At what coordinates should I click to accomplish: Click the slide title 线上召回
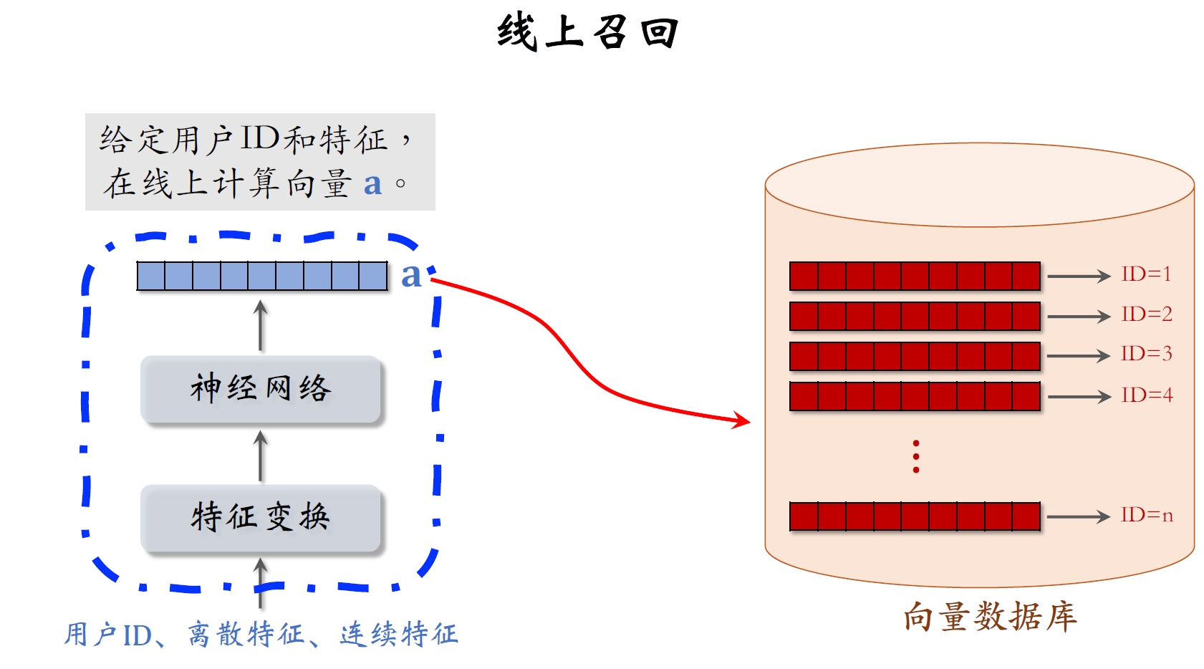(x=587, y=33)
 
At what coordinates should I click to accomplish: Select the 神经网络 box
(x=261, y=389)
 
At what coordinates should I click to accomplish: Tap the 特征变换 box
(x=261, y=517)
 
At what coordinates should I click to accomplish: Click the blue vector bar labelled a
(x=262, y=276)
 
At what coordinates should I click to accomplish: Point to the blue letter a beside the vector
(x=411, y=276)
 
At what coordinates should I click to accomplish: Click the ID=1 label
(x=1146, y=274)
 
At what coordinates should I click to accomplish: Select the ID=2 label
(x=1146, y=314)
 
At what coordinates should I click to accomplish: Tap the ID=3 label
(x=1146, y=354)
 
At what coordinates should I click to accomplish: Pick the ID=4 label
(x=1146, y=395)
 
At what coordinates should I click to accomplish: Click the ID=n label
(x=1146, y=516)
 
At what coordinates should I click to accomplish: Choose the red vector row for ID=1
(x=915, y=276)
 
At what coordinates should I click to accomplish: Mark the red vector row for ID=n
(x=915, y=516)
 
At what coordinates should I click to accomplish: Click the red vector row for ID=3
(x=915, y=356)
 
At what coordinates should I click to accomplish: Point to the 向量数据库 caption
(x=990, y=617)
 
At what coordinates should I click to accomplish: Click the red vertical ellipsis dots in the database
(x=916, y=457)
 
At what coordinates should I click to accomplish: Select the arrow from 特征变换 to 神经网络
(x=261, y=456)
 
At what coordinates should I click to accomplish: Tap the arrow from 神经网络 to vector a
(x=261, y=326)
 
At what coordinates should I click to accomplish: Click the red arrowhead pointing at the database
(x=741, y=420)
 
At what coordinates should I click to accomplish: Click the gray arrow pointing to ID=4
(x=1078, y=396)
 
